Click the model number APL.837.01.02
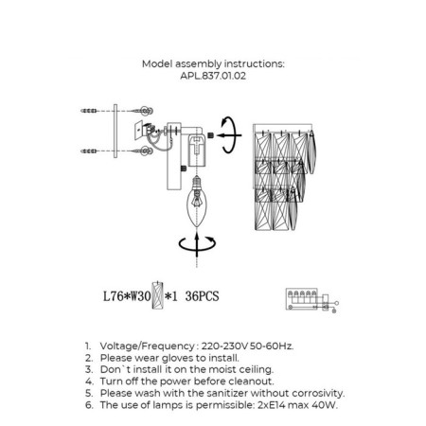[213, 76]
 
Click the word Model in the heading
[157, 63]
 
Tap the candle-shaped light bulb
[197, 202]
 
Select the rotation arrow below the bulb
[197, 245]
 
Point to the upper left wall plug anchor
[89, 111]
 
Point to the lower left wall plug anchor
[89, 151]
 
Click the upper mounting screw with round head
[143, 111]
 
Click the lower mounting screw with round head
[143, 151]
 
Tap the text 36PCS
[202, 296]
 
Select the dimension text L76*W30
[127, 296]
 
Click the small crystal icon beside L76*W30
[157, 295]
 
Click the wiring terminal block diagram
[312, 300]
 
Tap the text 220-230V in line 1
[224, 346]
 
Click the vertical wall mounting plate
[115, 131]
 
